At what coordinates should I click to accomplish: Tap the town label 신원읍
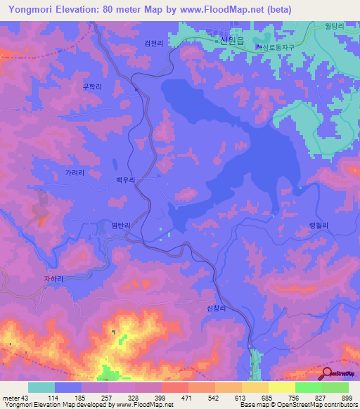point(231,41)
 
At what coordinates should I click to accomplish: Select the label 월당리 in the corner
point(334,26)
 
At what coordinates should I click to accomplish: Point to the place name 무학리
point(92,87)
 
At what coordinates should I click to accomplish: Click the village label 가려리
point(75,172)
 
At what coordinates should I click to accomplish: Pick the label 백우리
point(124,181)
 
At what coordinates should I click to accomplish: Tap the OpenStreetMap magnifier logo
point(328,372)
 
